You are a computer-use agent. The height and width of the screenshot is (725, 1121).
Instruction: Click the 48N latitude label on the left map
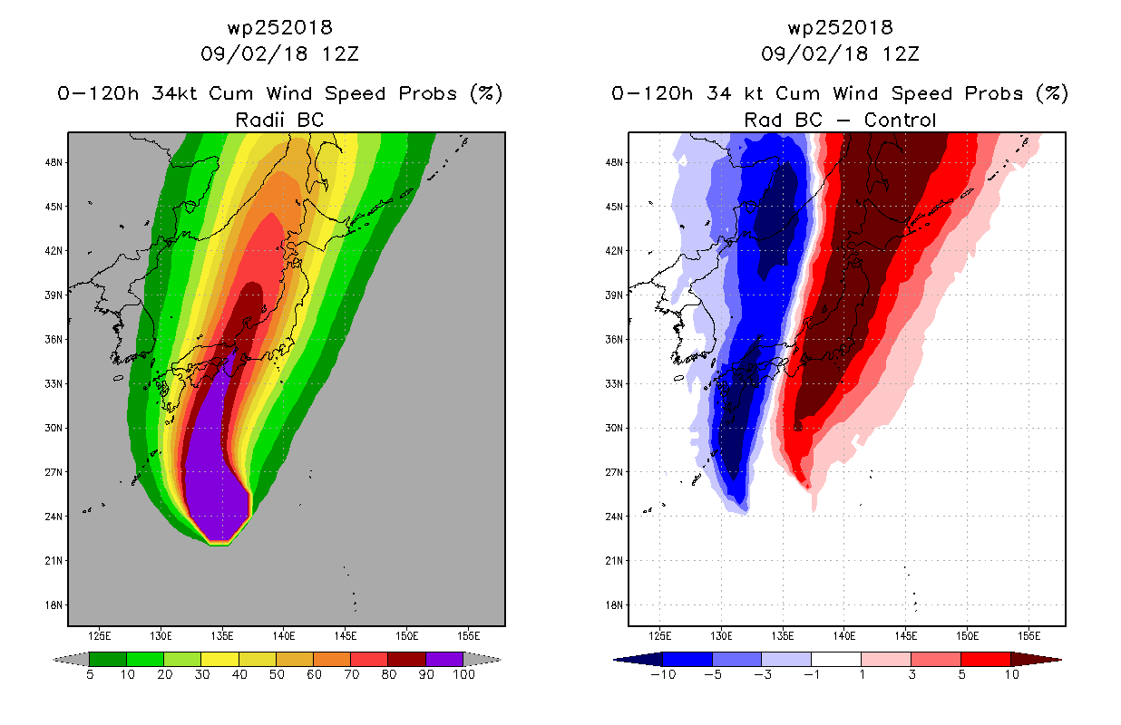[x=54, y=162]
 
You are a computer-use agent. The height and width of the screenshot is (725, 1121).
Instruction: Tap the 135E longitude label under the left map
[x=222, y=636]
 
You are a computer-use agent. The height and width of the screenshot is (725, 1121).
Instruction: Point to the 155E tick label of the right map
[x=1028, y=636]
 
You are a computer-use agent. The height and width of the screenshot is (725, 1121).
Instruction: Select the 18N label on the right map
[x=614, y=605]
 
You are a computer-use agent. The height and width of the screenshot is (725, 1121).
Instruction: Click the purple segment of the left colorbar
[x=444, y=659]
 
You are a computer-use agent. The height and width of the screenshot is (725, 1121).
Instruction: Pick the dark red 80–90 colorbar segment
[x=407, y=659]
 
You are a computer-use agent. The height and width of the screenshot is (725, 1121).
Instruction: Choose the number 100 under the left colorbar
[x=463, y=674]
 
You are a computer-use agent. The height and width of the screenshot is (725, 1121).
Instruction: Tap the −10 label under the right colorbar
[x=663, y=674]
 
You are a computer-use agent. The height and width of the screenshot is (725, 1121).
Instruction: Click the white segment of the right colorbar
[x=836, y=659]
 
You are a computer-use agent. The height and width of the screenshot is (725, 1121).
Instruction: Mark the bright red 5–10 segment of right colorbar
[x=986, y=659]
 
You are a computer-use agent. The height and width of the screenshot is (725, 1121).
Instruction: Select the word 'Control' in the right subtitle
[x=900, y=120]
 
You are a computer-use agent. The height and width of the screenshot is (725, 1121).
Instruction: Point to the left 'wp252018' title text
[x=279, y=28]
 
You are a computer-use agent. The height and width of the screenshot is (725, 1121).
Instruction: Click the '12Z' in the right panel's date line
[x=901, y=54]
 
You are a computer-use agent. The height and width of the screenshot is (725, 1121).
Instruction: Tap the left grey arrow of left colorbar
[x=71, y=660]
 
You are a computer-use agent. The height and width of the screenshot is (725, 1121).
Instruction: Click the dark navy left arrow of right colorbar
[x=638, y=660]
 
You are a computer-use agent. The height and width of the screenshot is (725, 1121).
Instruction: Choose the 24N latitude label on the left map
[x=54, y=517]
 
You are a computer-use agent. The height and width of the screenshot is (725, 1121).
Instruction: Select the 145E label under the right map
[x=906, y=636]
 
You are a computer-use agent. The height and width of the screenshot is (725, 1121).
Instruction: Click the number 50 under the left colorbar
[x=277, y=674]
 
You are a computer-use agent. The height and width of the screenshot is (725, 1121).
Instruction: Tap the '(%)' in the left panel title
[x=486, y=93]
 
